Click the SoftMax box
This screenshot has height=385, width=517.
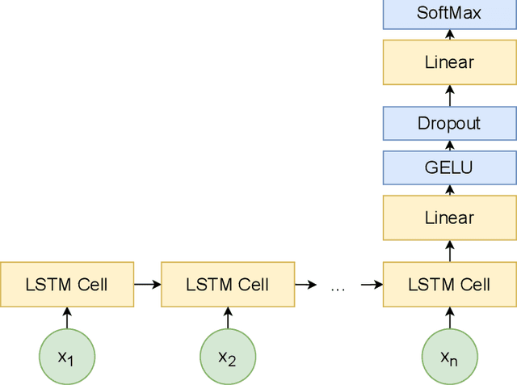point(449,13)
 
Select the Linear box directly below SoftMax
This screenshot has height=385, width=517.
point(449,62)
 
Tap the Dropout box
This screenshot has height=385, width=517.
point(449,124)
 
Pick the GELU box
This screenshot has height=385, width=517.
point(449,168)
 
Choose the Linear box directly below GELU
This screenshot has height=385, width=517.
point(449,218)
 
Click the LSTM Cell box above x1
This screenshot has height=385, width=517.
point(67,284)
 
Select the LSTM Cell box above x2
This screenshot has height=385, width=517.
point(228,284)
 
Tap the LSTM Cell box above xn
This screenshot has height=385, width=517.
point(449,284)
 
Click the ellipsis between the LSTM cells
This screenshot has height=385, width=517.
point(338,286)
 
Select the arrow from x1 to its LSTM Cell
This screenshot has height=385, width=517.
point(67,318)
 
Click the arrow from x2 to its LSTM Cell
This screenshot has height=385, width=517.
point(228,318)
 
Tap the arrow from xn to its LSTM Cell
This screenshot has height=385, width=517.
point(449,318)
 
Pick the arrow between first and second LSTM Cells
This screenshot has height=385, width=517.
point(147,284)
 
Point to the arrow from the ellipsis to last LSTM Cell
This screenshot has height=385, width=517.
point(371,284)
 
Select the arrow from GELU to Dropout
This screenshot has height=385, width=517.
point(449,146)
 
